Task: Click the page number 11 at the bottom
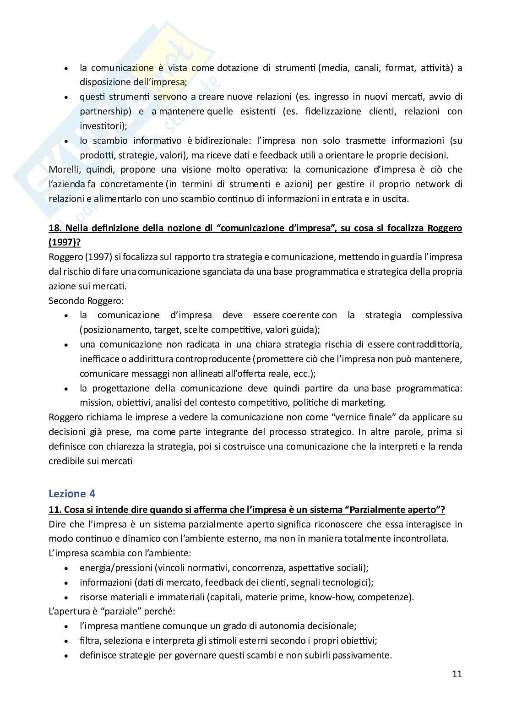(x=457, y=674)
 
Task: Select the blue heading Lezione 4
(x=72, y=493)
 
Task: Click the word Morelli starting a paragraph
(x=63, y=169)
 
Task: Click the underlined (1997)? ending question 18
(x=61, y=242)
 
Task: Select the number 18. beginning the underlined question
(x=55, y=228)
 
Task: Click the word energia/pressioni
(x=115, y=568)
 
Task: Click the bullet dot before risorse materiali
(x=67, y=598)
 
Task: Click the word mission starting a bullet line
(x=93, y=403)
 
